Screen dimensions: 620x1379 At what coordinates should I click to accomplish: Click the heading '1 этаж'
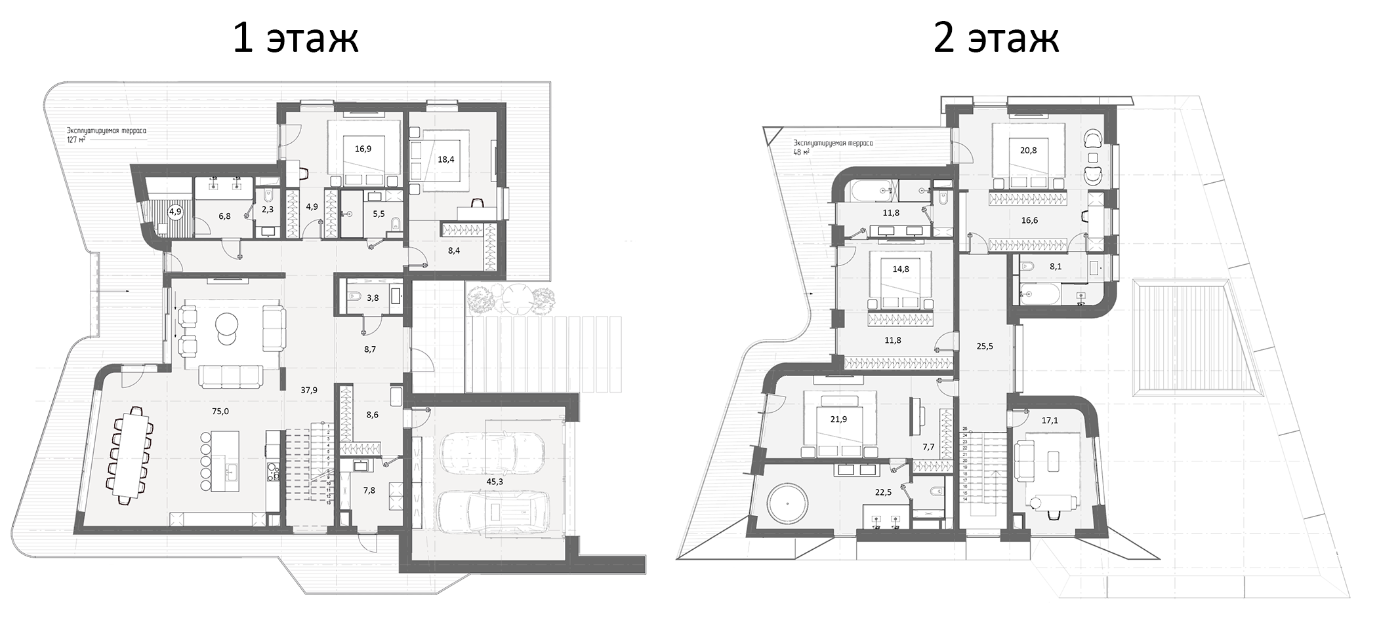tap(295, 38)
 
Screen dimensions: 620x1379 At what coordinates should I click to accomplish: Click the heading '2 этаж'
tap(996, 38)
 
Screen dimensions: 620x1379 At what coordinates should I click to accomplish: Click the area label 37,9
tap(309, 390)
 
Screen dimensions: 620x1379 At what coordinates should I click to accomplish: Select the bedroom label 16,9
tap(363, 149)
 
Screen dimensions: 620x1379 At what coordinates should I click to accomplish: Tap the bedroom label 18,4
tap(446, 159)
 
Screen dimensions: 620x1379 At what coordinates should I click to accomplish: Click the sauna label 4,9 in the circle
tap(175, 212)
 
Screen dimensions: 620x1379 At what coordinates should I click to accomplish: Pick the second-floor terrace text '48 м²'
tap(800, 151)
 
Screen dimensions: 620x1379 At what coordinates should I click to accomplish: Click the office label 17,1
tap(1050, 421)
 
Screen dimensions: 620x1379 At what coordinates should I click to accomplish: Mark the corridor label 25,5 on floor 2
tap(985, 346)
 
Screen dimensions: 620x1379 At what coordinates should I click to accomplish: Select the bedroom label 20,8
tap(1029, 150)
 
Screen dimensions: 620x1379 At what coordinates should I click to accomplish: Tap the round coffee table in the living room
tap(227, 326)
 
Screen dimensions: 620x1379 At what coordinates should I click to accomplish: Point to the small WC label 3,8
tap(373, 298)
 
